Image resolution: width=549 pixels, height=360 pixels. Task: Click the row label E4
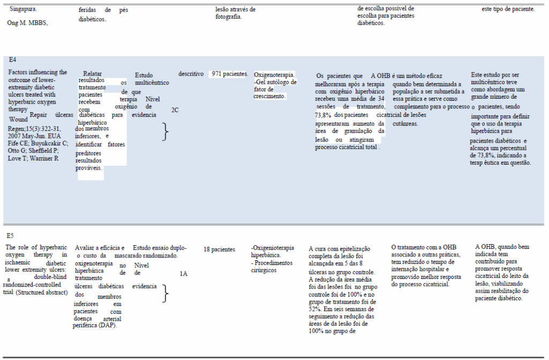[x=12, y=60]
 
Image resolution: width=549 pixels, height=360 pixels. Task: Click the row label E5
[x=10, y=236]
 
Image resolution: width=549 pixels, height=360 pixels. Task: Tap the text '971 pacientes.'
[x=229, y=74]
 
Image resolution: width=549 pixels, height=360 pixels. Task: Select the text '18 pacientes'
[x=219, y=249]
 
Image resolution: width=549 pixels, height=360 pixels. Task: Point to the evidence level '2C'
[x=175, y=110]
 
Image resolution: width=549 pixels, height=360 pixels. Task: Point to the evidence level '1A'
[x=183, y=274]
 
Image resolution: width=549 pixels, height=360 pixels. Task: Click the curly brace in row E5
[x=166, y=293]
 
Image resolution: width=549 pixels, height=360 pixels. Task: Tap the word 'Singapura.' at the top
[x=24, y=9]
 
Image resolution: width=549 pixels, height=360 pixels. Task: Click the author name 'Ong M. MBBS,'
[x=28, y=23]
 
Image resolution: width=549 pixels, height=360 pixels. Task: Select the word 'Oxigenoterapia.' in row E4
[x=274, y=75]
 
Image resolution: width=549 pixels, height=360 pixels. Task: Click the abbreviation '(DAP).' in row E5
[x=107, y=325]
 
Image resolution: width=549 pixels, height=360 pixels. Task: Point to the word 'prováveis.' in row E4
[x=89, y=168]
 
